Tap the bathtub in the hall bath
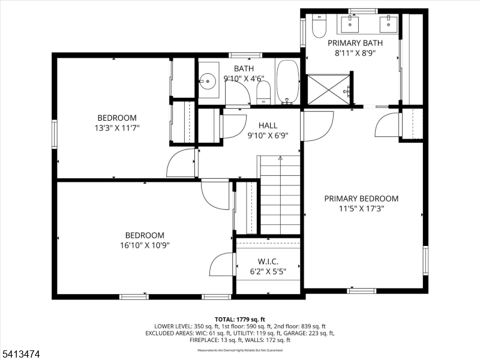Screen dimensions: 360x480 pyautogui.click(x=287, y=82)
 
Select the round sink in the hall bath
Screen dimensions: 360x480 pyautogui.click(x=209, y=80)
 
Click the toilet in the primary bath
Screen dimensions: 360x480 pyautogui.click(x=319, y=27)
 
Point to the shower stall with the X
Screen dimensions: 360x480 pyautogui.click(x=328, y=89)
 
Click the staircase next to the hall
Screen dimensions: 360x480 pyautogui.click(x=279, y=194)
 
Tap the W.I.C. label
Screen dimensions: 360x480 pyautogui.click(x=268, y=262)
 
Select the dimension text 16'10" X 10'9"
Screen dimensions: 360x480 pyautogui.click(x=144, y=245)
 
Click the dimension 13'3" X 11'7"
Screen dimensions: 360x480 pyautogui.click(x=117, y=127)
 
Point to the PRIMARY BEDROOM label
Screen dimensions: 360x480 pyautogui.click(x=361, y=199)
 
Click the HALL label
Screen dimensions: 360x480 pyautogui.click(x=268, y=125)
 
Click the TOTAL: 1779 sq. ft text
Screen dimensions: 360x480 pyautogui.click(x=239, y=319)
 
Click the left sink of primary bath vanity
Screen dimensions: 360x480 pyautogui.click(x=350, y=24)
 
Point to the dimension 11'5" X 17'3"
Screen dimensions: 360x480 pyautogui.click(x=361, y=209)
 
